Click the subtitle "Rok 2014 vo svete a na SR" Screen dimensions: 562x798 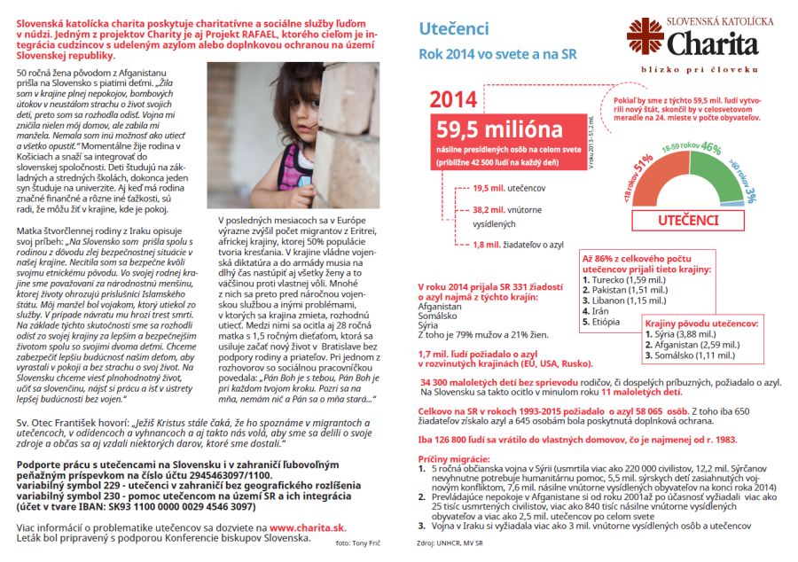(497, 54)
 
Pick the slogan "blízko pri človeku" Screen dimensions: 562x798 (700, 68)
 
